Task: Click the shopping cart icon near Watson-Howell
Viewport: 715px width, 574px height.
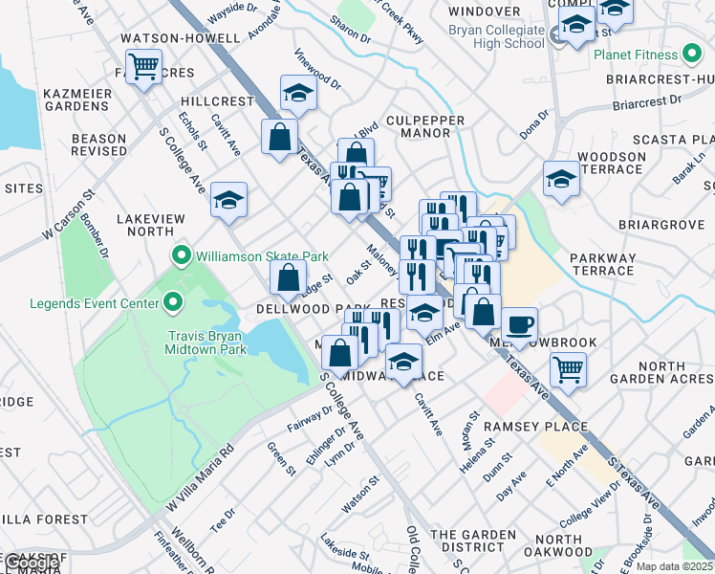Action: click(x=143, y=67)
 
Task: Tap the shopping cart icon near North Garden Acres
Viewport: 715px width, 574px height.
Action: click(x=568, y=367)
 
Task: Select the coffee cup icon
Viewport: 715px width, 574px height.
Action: click(x=519, y=324)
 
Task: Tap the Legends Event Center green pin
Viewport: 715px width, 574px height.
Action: click(x=172, y=304)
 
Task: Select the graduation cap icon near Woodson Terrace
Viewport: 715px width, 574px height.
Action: click(x=561, y=178)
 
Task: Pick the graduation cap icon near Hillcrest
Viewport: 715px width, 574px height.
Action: click(x=298, y=93)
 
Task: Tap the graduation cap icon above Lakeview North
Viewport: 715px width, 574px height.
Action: click(x=228, y=199)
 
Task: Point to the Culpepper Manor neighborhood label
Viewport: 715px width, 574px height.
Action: click(x=424, y=127)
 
